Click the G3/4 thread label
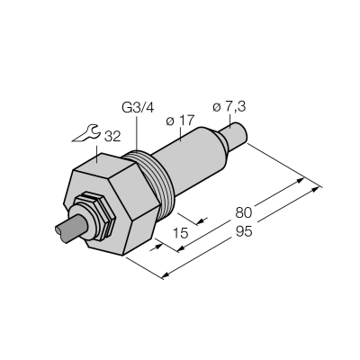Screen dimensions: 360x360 click(x=138, y=108)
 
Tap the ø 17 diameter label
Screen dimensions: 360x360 click(x=180, y=121)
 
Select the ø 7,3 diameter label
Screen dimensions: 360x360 click(x=229, y=107)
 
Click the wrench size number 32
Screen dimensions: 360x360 click(x=112, y=137)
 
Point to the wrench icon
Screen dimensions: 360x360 click(x=85, y=133)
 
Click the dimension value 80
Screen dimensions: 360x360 click(x=243, y=212)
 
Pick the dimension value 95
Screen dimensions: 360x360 click(x=244, y=231)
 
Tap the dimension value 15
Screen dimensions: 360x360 click(x=181, y=233)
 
